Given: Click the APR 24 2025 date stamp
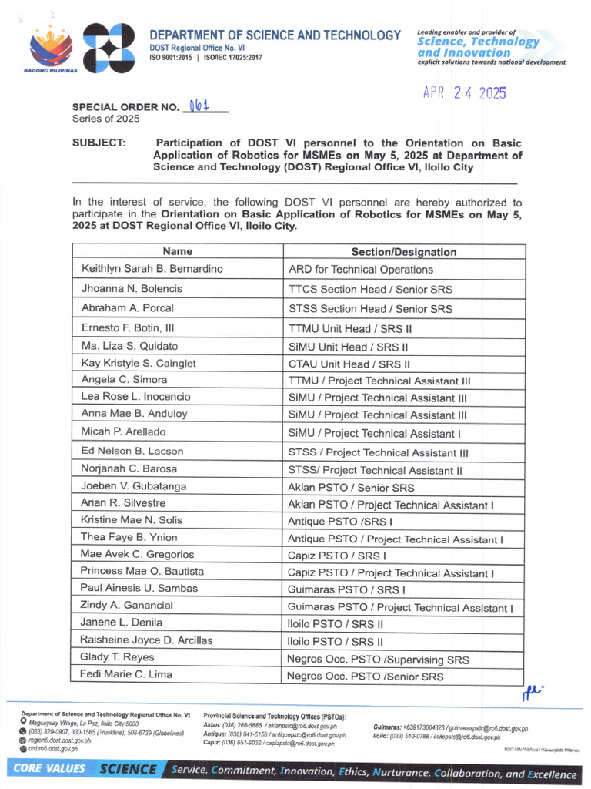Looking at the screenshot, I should [464, 93].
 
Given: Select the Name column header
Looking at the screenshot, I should [178, 252].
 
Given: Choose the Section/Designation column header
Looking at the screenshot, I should [403, 252].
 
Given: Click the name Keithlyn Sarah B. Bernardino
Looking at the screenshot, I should [152, 269].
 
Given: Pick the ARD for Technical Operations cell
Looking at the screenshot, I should [360, 270].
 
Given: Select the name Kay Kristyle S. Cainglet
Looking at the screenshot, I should [139, 363].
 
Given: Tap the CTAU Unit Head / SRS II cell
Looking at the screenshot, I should [349, 364].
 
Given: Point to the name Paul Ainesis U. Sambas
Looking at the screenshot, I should [139, 588].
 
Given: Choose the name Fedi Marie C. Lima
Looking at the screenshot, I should [126, 675].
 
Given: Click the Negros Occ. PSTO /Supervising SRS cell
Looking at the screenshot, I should [378, 660].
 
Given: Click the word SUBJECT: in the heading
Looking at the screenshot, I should [98, 143].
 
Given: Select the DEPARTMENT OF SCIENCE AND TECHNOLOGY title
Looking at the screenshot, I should [275, 35].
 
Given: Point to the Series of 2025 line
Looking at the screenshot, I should [106, 119].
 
